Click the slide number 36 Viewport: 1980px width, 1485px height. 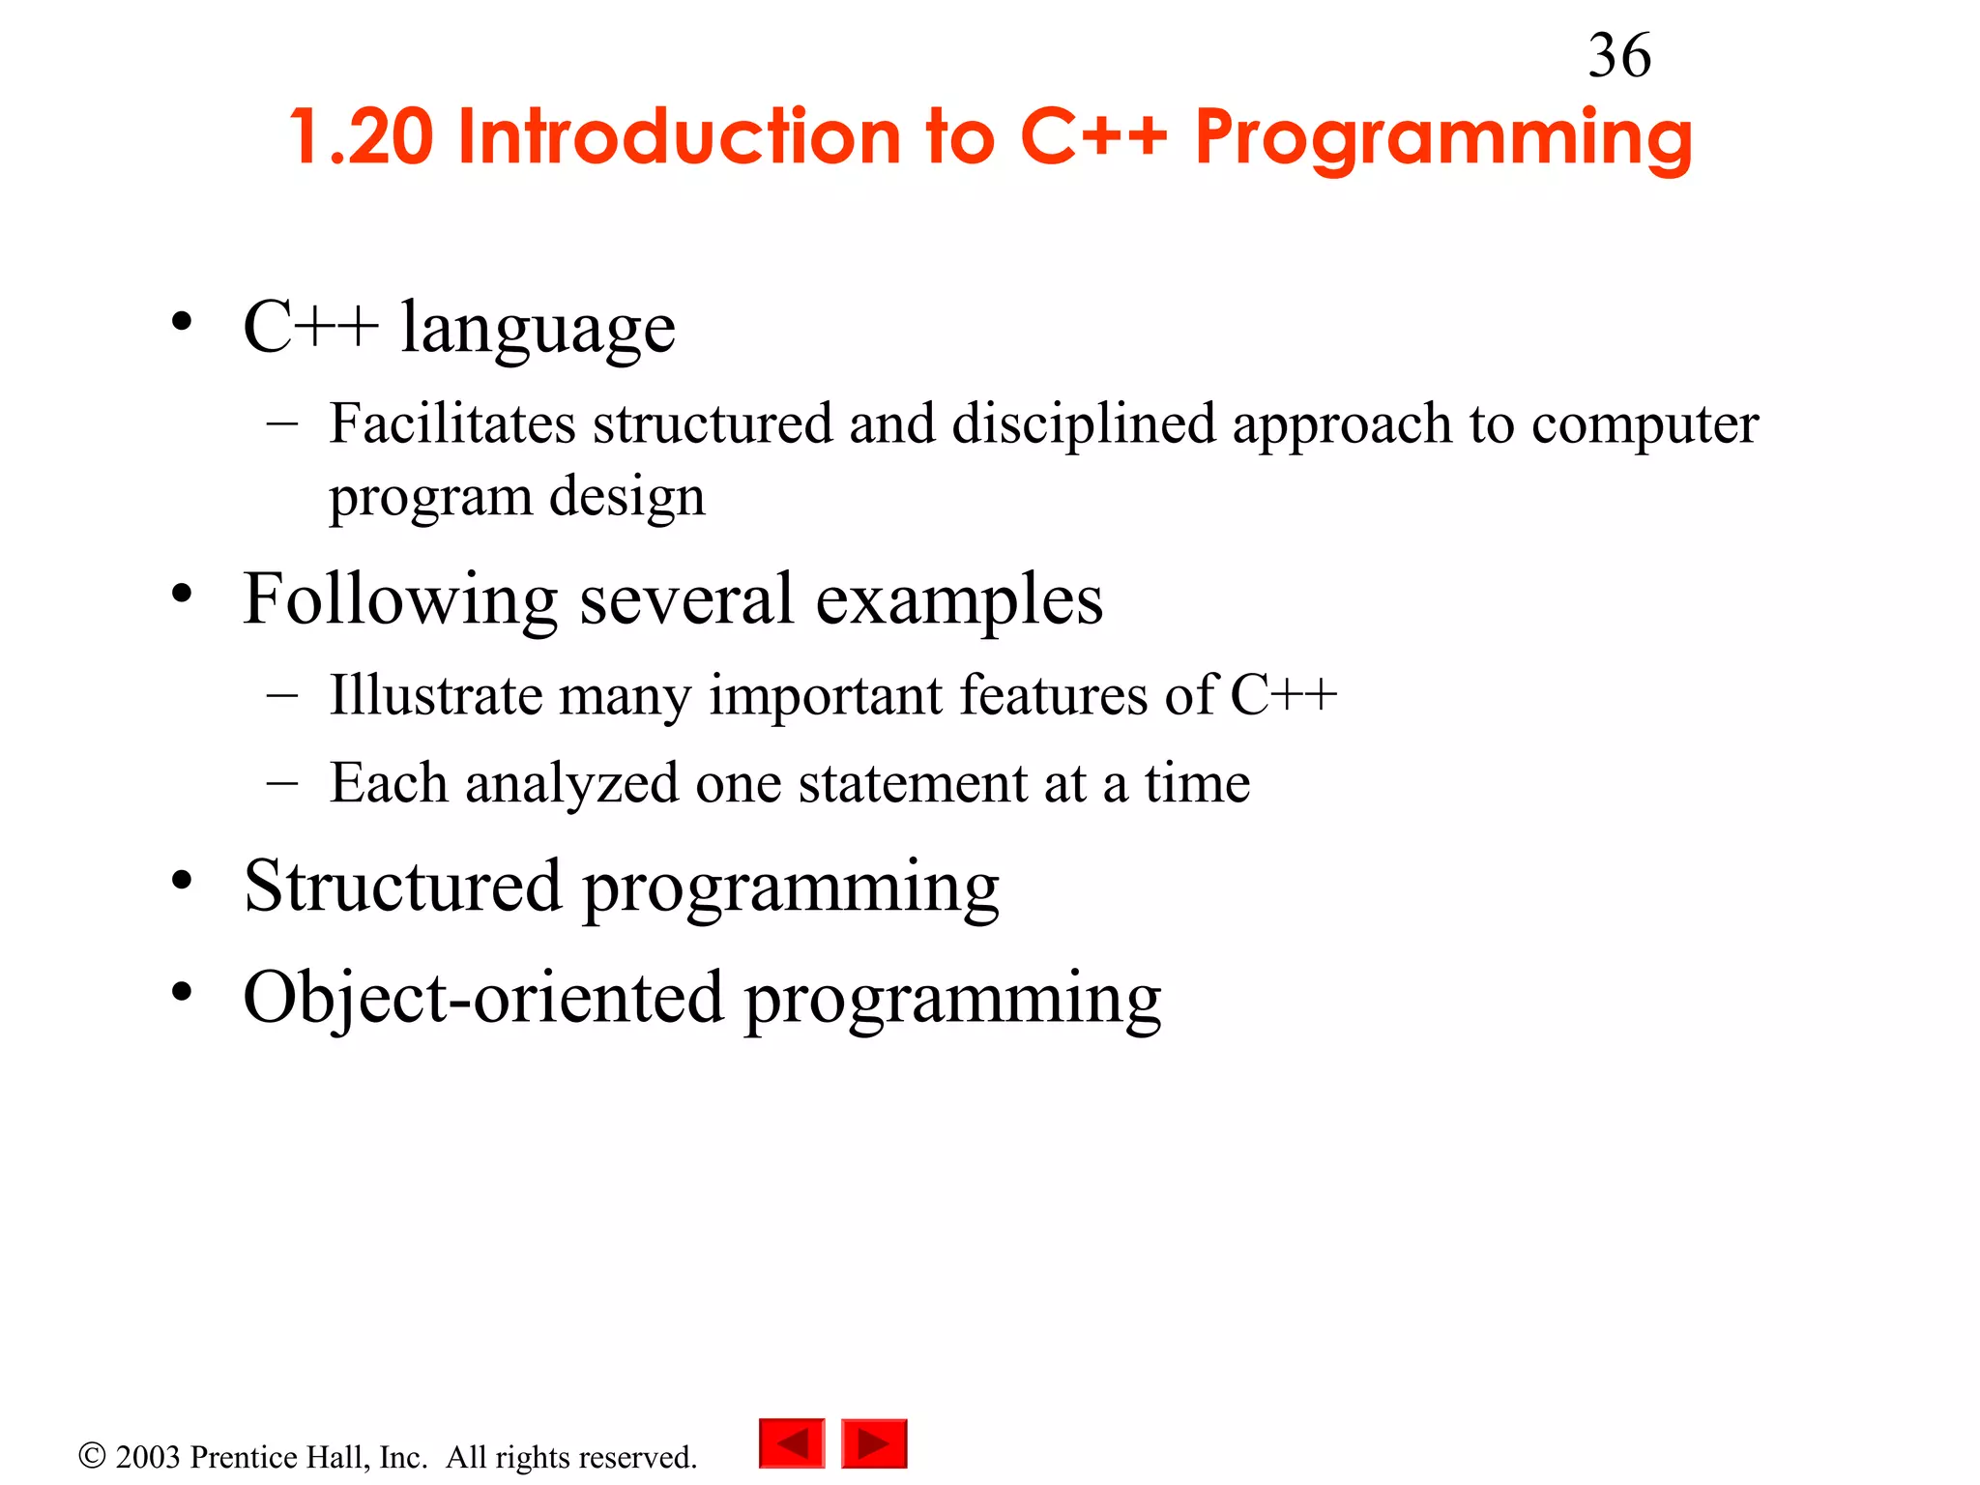1619,56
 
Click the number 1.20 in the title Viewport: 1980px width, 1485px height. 361,137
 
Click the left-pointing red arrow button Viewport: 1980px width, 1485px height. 792,1443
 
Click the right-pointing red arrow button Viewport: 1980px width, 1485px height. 874,1443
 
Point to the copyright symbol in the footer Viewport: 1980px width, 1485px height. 92,1455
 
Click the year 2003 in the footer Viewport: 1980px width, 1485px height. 148,1457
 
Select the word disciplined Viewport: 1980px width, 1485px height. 1084,425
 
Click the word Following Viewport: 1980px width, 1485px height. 400,600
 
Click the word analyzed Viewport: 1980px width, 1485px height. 571,783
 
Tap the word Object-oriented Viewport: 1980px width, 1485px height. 482,998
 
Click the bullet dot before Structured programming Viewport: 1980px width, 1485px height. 182,882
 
